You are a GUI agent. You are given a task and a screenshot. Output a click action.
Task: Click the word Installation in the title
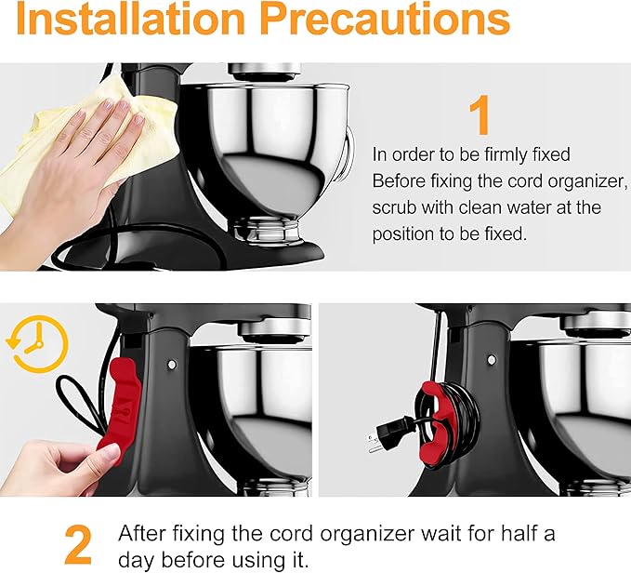pos(131,19)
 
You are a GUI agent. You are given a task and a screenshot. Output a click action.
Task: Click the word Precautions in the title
pos(385,19)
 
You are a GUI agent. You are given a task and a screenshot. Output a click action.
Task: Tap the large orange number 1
pos(480,114)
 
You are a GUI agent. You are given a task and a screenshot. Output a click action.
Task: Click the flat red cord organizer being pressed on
pos(120,406)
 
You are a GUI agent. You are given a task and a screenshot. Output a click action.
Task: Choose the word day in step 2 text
pos(136,561)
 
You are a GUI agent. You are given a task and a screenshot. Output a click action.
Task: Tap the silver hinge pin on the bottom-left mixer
pos(172,365)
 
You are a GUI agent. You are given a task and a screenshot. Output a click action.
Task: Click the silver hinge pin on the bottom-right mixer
pos(492,359)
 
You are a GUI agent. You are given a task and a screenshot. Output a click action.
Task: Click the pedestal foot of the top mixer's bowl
pos(268,231)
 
